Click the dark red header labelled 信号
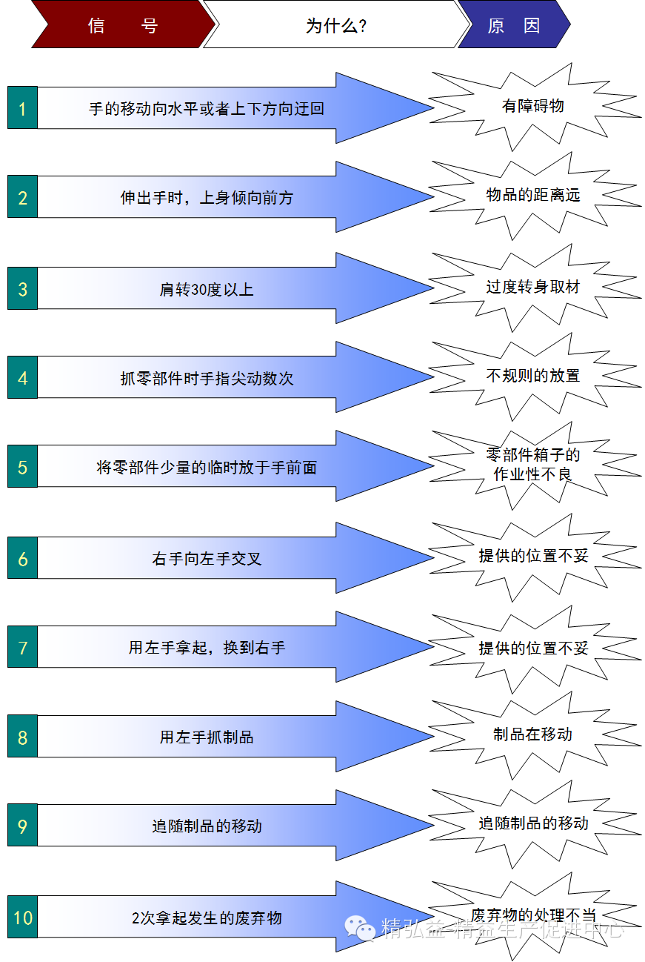(x=122, y=26)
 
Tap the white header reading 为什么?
(x=337, y=26)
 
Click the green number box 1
(x=22, y=108)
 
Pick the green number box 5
(x=22, y=468)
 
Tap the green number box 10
(x=22, y=918)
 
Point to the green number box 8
(x=22, y=737)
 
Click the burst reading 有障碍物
(x=533, y=106)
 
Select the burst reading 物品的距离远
(x=533, y=196)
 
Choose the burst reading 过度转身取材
(x=533, y=287)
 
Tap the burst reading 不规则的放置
(x=533, y=376)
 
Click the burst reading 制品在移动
(x=533, y=734)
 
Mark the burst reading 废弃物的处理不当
(x=533, y=915)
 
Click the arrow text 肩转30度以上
(x=207, y=289)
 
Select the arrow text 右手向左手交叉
(x=207, y=558)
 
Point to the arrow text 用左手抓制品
(x=207, y=737)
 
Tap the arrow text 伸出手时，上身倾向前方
(x=207, y=198)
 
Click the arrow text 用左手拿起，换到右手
(x=207, y=648)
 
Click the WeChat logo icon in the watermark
(x=361, y=926)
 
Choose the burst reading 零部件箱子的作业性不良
(x=533, y=465)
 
